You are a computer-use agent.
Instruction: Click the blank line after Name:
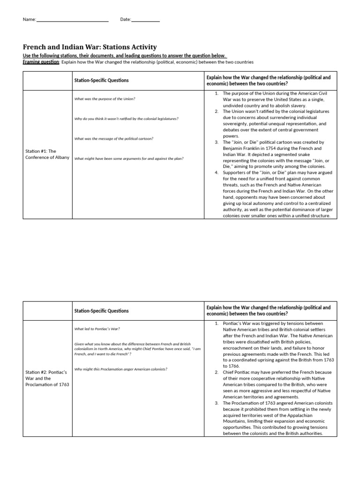pyautogui.click(x=72, y=20)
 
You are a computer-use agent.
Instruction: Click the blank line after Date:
pyautogui.click(x=145, y=20)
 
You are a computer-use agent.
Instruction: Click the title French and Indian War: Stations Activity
pyautogui.click(x=90, y=47)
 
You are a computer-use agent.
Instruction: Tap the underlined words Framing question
pyautogui.click(x=41, y=62)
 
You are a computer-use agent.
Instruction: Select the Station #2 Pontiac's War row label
pyautogui.click(x=47, y=378)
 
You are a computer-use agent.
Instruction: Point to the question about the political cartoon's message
pyautogui.click(x=114, y=138)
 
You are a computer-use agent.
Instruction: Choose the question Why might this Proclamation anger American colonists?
pyautogui.click(x=121, y=369)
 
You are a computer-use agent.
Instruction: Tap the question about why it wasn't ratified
pyautogui.click(x=126, y=119)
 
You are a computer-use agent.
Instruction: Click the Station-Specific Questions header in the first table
pyautogui.click(x=101, y=80)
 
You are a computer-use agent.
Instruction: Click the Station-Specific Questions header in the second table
pyautogui.click(x=101, y=311)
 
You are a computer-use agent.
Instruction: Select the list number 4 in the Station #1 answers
pyautogui.click(x=217, y=172)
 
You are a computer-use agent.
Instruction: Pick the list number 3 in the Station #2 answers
pyautogui.click(x=217, y=403)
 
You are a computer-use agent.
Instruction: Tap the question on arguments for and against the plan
pyautogui.click(x=129, y=158)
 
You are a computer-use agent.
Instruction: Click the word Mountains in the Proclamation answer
pyautogui.click(x=235, y=421)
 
